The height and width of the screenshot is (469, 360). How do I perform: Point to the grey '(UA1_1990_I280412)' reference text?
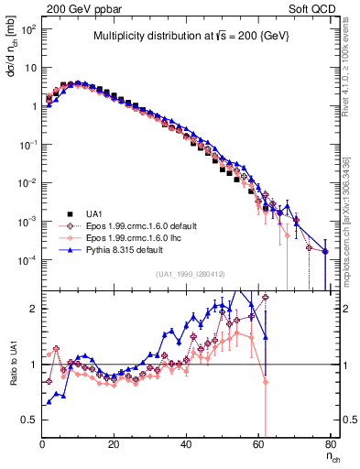point(191,275)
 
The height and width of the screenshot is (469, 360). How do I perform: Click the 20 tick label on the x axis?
point(114,445)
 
